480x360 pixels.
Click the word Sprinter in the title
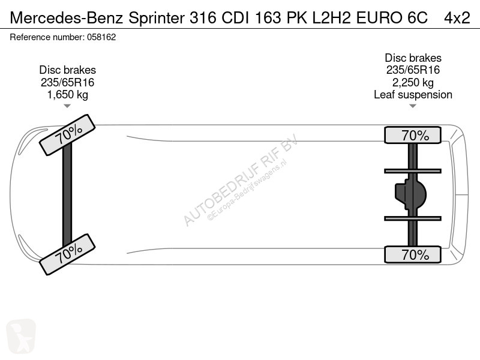157,18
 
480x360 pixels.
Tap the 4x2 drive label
457,18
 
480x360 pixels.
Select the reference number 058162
101,37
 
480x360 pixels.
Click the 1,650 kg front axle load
67,95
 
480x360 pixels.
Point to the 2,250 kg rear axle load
413,83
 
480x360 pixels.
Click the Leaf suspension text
413,95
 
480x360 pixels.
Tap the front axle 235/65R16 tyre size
67,82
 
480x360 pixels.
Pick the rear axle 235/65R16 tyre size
413,70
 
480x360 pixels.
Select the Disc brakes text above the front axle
67,70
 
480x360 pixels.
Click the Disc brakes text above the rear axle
413,58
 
